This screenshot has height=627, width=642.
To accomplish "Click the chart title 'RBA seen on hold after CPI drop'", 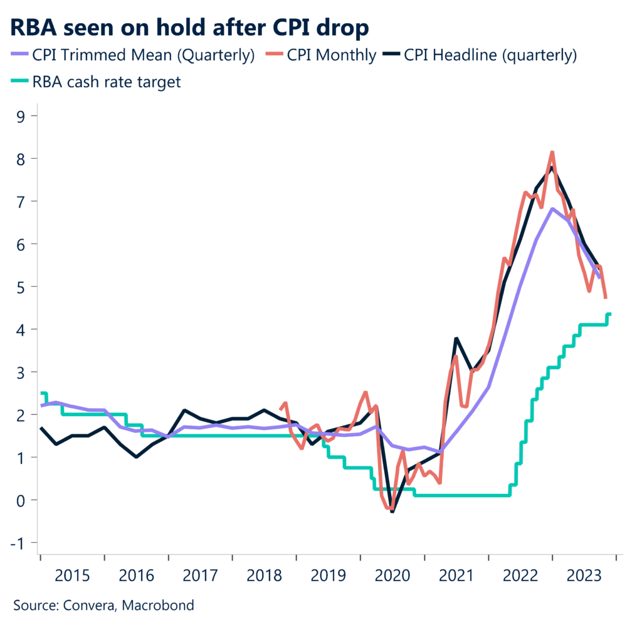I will pos(189,28).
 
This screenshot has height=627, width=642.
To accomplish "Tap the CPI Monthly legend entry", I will pos(332,55).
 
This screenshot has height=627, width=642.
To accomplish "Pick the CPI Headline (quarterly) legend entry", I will pos(490,55).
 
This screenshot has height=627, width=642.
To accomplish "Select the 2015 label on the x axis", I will pos(72,576).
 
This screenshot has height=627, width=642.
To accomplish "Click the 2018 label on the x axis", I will pos(264,576).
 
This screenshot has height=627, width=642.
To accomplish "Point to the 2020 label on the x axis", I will pos(392,576).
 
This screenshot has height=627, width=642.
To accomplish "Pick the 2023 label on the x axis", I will pos(584,576).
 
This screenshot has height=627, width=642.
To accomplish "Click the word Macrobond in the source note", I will pos(158,606).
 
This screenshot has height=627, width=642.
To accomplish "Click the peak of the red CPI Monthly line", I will pos(552,151).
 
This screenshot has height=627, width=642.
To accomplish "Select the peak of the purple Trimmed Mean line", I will pos(552,208).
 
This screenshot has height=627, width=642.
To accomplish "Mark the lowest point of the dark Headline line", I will pos(392,512).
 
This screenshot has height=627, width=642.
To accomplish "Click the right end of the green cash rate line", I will pos(610,314).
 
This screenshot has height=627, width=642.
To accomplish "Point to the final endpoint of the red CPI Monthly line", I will pos(606,297).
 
